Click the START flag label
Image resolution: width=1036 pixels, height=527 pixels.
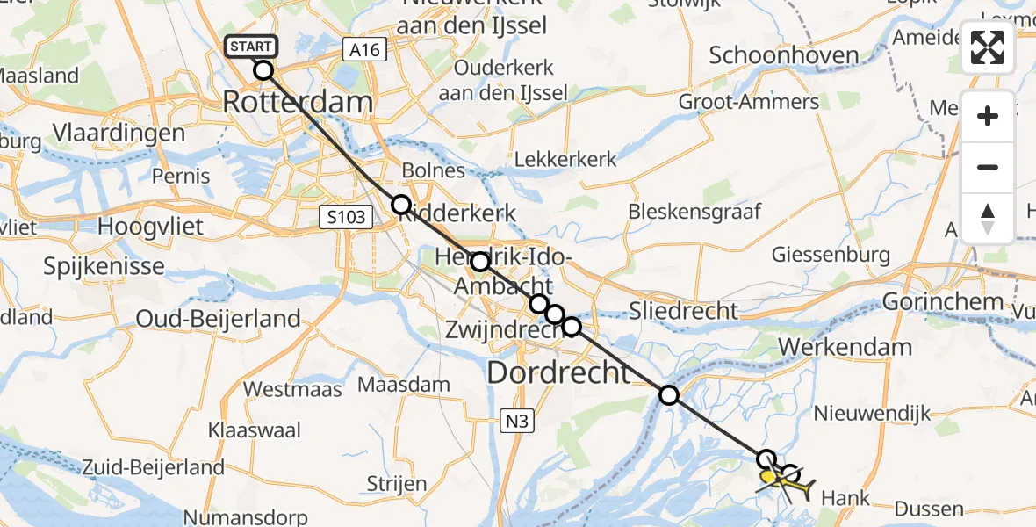pyautogui.click(x=252, y=47)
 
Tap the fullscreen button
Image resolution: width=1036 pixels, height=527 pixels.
pyautogui.click(x=988, y=47)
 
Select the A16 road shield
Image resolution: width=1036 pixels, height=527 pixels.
pyautogui.click(x=363, y=50)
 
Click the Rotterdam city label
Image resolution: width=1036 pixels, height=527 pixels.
pyautogui.click(x=298, y=102)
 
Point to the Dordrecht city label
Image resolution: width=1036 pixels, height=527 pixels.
pyautogui.click(x=558, y=372)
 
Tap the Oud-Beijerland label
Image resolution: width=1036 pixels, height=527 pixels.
pyautogui.click(x=218, y=319)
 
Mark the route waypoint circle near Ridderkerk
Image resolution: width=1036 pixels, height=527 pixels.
pyautogui.click(x=400, y=205)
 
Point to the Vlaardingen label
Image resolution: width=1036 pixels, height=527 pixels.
pyautogui.click(x=119, y=134)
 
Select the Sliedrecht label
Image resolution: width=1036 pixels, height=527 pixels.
pyautogui.click(x=684, y=311)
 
